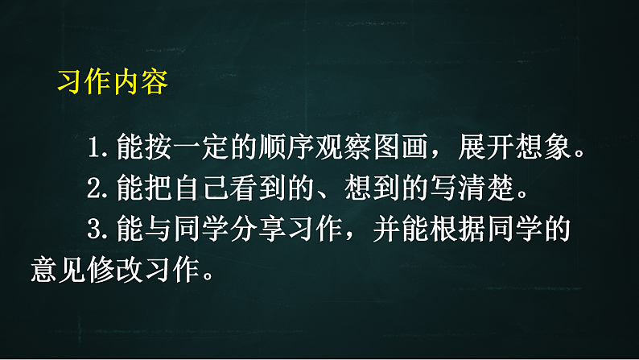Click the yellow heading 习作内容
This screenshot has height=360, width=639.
click(113, 82)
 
